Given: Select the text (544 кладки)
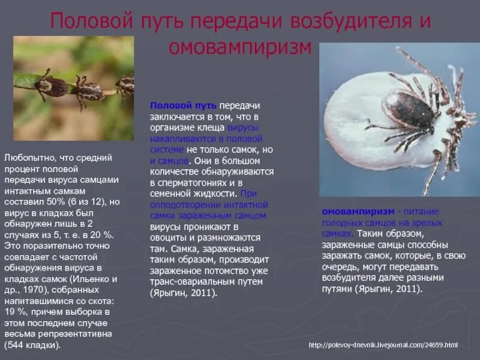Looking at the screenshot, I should pyautogui.click(x=33, y=346).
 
